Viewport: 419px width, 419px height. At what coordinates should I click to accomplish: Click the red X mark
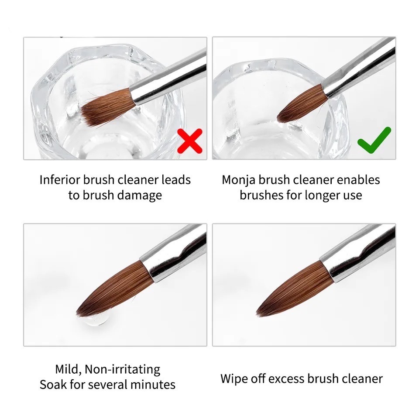click(190, 141)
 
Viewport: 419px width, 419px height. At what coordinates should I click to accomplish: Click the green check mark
click(374, 140)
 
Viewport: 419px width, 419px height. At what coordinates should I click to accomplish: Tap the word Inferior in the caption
click(60, 180)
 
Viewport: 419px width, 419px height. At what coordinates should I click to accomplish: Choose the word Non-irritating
click(122, 369)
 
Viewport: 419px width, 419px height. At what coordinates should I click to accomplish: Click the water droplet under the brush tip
click(96, 318)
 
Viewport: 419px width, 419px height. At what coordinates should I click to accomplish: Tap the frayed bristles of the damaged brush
click(107, 107)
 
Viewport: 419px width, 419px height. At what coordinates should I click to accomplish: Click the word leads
click(176, 180)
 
